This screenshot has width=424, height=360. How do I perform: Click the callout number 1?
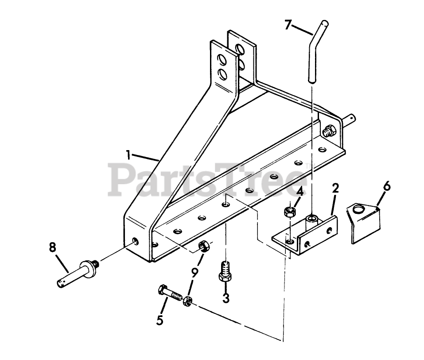tap(128, 155)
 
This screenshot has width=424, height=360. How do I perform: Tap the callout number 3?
tap(226, 298)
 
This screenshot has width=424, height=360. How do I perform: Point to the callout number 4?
tap(300, 192)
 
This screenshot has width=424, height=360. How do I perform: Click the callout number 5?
tap(160, 319)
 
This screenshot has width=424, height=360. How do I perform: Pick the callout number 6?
tap(386, 186)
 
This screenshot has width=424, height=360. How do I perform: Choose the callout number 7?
tap(288, 25)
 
